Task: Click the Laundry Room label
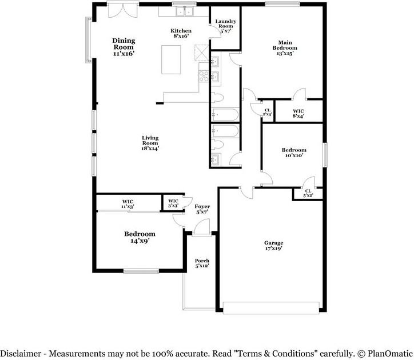225,26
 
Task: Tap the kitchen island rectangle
172,59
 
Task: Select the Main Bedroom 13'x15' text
285,48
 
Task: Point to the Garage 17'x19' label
274,246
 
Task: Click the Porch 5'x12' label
202,263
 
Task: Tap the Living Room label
150,143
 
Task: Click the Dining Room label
124,47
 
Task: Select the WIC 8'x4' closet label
298,114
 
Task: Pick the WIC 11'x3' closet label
128,204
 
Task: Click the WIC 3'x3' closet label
173,203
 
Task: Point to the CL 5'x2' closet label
308,193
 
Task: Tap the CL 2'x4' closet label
268,112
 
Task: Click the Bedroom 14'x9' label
140,237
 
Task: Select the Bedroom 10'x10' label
294,153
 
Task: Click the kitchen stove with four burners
204,76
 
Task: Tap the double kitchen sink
185,11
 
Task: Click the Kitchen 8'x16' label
181,33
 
